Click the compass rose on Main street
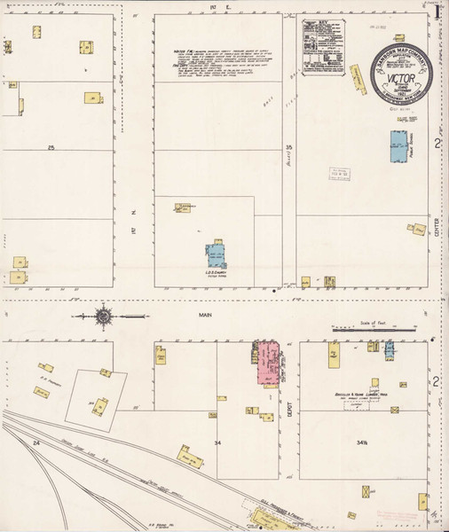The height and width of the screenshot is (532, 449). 103,316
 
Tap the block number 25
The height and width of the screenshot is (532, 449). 51,146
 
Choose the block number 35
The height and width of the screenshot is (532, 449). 288,145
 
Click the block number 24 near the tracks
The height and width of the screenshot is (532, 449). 36,441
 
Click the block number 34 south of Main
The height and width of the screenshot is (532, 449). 217,440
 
